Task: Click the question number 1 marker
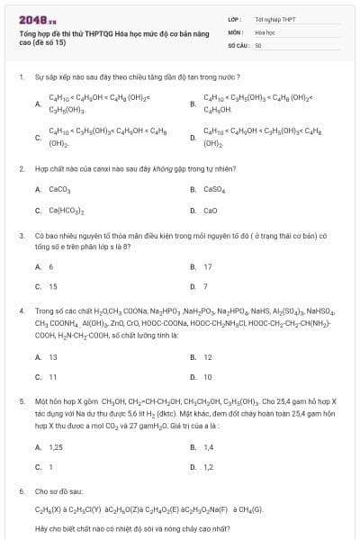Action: tap(21, 77)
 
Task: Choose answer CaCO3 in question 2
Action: tap(58, 190)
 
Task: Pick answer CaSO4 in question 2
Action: tap(214, 190)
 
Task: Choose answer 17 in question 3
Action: tap(208, 266)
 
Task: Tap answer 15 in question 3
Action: tap(52, 287)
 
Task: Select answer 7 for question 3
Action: tap(205, 287)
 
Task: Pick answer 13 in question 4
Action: tap(52, 356)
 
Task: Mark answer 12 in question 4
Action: tap(208, 356)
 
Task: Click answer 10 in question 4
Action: tap(208, 377)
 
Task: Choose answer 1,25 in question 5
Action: tap(55, 446)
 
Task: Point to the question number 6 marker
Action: tap(21, 492)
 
